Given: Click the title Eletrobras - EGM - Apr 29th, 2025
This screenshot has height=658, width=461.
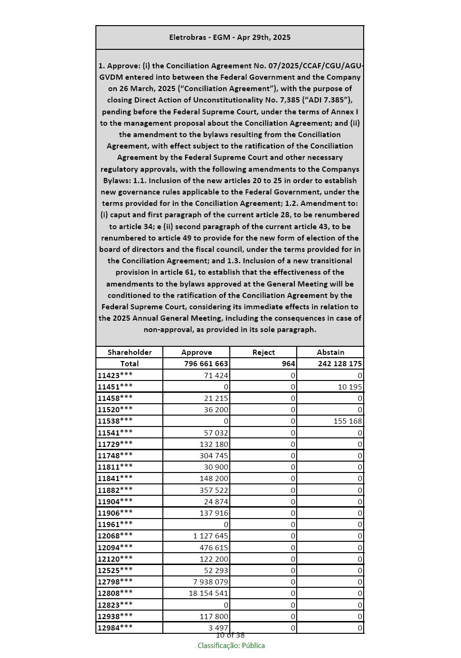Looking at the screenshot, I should coord(230,37).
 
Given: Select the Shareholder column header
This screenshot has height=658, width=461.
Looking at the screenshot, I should coord(130,352).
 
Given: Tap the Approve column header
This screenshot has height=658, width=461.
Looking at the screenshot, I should coord(197,352).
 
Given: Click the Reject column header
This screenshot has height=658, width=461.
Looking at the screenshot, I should coord(263,352).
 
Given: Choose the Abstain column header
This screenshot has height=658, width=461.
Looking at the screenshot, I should coord(330,352).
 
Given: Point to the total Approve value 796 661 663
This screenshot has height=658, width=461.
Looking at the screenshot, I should coord(206,364).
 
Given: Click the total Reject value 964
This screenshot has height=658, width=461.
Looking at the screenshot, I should coord(288,364).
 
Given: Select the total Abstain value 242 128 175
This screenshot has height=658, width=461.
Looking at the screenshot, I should coord(340,364).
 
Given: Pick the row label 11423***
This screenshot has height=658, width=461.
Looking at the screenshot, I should coord(115,375).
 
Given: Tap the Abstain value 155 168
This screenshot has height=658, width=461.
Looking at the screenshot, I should coord(348,421).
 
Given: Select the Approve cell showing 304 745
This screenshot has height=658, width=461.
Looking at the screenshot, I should coord(214,455).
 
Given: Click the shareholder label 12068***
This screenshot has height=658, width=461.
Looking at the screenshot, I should coord(115,536).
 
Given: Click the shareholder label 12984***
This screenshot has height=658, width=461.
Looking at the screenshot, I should coord(115,628).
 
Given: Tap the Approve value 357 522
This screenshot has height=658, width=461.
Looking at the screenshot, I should coord(214,490).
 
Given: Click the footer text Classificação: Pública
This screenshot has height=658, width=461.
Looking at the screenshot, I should coord(231,646).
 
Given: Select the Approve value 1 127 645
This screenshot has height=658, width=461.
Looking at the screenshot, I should coord(210,536).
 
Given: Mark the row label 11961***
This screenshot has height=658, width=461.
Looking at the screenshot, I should coord(115,524).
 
